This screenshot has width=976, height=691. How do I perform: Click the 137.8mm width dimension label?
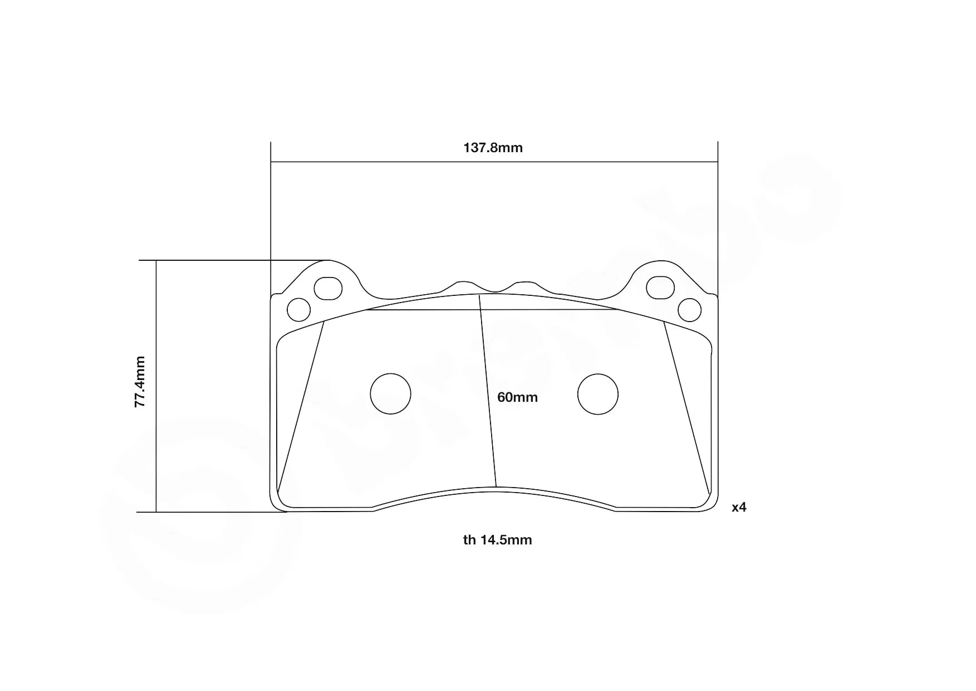click(493, 148)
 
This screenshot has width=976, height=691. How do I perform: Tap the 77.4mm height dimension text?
click(140, 382)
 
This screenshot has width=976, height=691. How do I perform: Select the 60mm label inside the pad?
click(517, 397)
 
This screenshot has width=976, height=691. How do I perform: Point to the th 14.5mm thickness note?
click(497, 540)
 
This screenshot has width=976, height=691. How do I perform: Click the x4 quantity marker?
click(739, 507)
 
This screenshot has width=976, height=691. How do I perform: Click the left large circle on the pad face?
click(390, 394)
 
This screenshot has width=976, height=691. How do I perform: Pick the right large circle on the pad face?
click(598, 394)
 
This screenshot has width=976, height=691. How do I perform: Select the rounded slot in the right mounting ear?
click(660, 288)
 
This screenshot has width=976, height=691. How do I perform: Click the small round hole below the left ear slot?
click(298, 309)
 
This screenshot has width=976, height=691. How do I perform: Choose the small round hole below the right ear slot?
click(690, 309)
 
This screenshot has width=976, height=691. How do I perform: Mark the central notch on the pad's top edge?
click(494, 289)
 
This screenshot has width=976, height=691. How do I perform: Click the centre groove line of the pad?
click(488, 390)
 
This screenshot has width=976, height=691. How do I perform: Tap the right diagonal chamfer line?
click(686, 407)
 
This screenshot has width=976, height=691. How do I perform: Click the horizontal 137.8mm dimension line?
click(390, 162)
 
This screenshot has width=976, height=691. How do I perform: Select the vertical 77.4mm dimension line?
click(156, 446)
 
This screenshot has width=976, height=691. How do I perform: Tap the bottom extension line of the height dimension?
click(212, 512)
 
